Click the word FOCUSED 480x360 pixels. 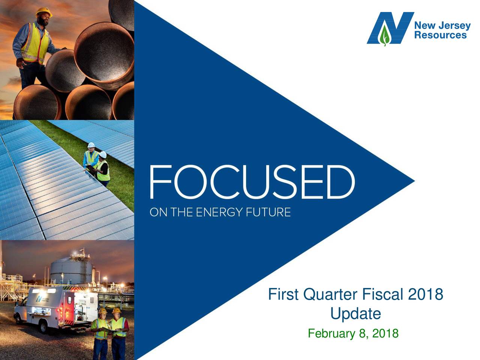point(252,183)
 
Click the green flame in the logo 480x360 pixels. point(384,35)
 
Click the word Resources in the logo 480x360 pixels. point(441,35)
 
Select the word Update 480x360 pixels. point(355,313)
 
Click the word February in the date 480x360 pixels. point(331,333)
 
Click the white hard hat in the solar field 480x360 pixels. point(90,145)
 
